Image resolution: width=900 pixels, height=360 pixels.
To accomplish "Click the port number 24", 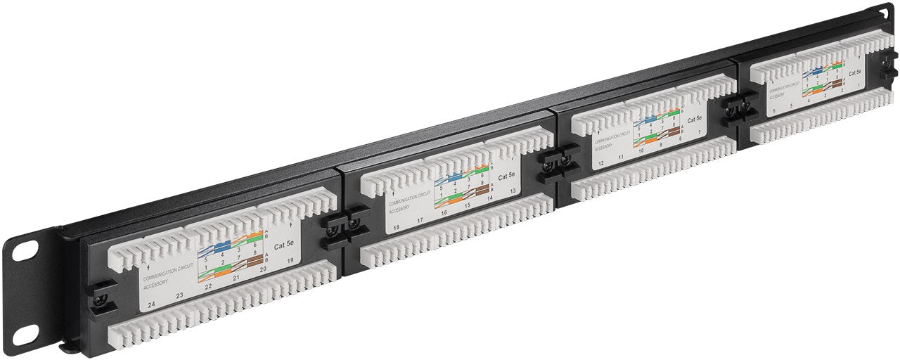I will (x=151, y=304).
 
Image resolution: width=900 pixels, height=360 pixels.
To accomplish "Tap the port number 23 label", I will (x=180, y=296).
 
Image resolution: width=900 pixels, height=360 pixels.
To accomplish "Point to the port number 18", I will (x=397, y=227).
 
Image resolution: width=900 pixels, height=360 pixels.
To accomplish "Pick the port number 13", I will (x=513, y=191).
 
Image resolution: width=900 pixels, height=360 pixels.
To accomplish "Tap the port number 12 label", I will (x=600, y=163).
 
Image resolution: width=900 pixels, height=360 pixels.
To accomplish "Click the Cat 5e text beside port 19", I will (x=285, y=245).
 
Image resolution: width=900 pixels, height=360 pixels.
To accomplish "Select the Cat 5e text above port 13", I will (x=507, y=176).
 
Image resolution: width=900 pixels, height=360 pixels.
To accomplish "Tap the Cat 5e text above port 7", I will (x=695, y=120).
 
